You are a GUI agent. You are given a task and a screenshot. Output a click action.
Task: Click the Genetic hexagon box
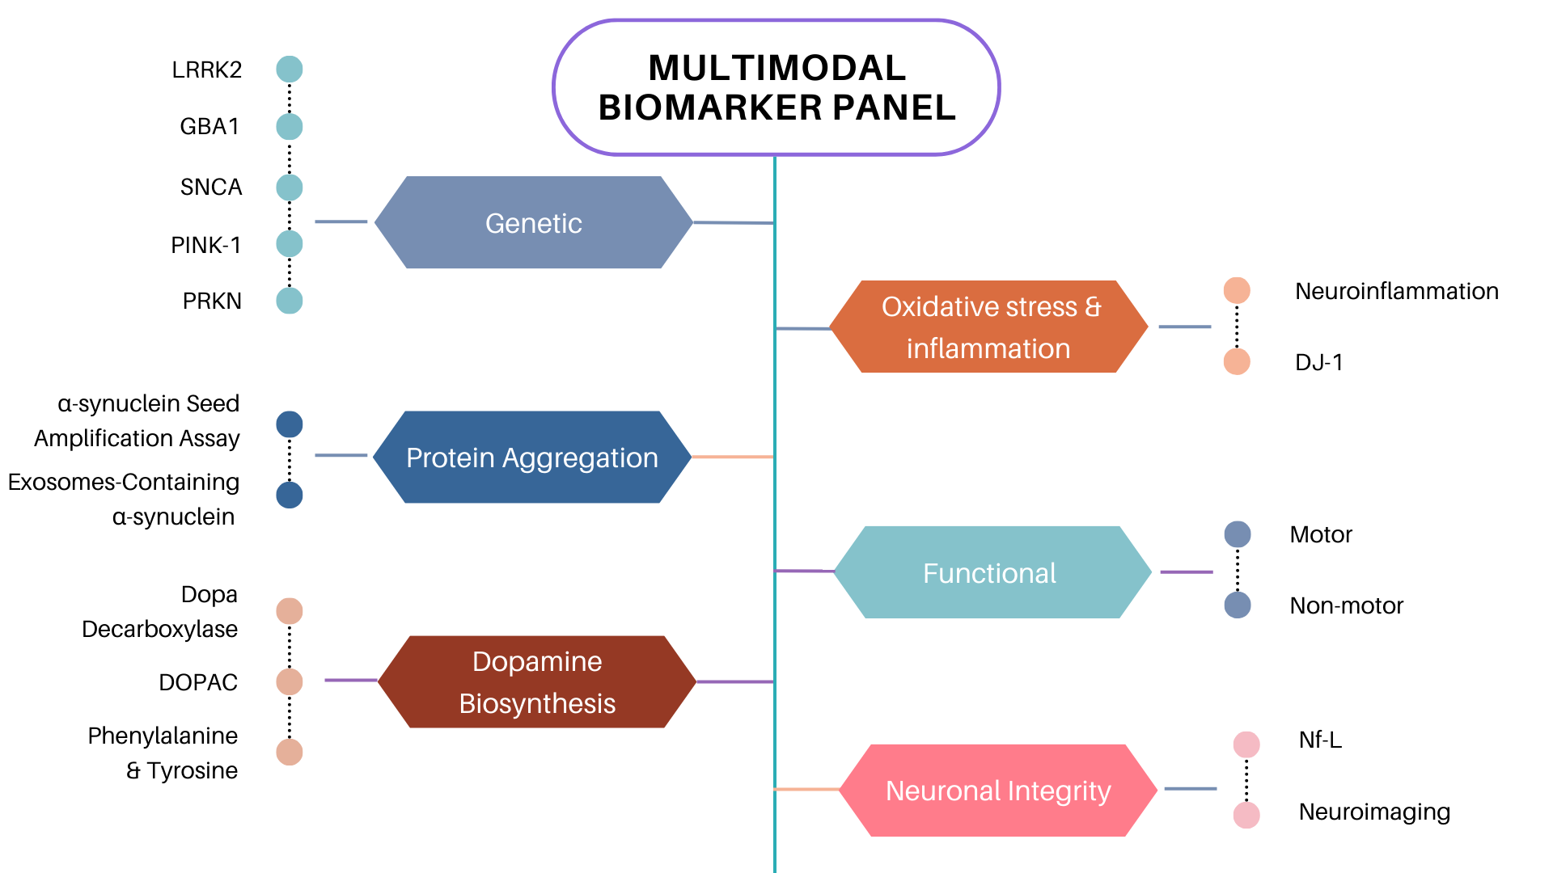point(533,222)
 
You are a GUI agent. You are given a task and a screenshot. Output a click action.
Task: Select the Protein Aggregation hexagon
point(532,458)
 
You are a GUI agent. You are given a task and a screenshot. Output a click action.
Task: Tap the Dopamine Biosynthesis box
point(537,682)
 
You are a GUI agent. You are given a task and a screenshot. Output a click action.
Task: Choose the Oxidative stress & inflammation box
point(989,327)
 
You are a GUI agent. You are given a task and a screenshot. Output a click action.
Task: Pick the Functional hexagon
point(992,572)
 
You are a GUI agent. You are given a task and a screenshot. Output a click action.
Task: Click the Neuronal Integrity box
point(998,790)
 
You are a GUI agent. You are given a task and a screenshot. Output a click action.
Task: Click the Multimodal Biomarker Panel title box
point(776,87)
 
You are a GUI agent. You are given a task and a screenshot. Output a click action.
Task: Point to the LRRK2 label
point(206,70)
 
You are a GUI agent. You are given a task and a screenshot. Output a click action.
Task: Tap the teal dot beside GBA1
point(290,126)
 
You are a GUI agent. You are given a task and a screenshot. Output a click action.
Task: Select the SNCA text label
point(211,187)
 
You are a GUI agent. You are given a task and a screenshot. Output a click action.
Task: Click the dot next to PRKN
point(290,301)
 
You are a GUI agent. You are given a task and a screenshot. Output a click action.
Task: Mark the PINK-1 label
point(205,245)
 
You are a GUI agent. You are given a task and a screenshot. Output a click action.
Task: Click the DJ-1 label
point(1318,362)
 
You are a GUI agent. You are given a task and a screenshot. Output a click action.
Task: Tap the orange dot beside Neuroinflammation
point(1237,290)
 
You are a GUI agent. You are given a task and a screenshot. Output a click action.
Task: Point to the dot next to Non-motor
point(1238,605)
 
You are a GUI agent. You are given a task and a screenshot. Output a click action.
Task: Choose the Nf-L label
point(1320,740)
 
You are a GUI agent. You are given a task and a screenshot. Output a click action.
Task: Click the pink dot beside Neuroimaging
point(1246,815)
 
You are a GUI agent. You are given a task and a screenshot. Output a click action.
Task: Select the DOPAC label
point(198,682)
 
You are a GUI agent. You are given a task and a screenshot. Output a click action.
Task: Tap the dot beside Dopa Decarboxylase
point(290,611)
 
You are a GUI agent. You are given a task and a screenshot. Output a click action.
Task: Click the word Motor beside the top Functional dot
point(1321,534)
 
